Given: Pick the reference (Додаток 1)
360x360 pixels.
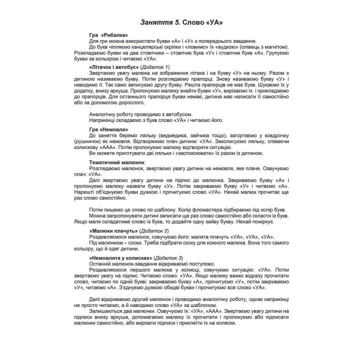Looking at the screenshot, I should point(155,66).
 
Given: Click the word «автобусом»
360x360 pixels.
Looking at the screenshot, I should point(178,114).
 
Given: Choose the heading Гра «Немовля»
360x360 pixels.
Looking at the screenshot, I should point(106,129).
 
